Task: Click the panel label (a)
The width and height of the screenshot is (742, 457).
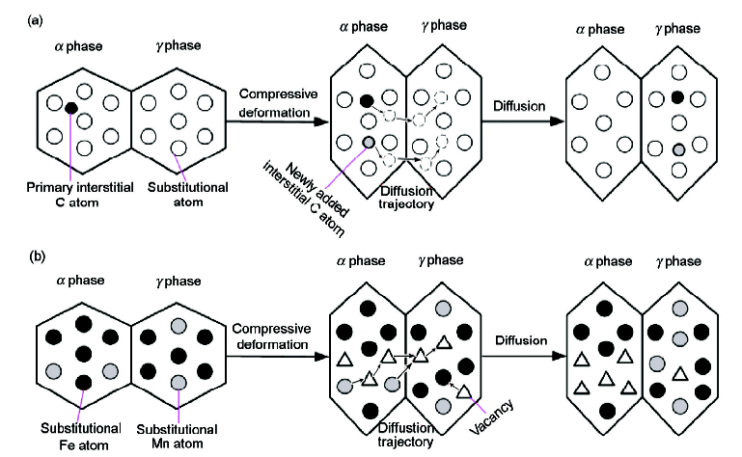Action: (x=36, y=21)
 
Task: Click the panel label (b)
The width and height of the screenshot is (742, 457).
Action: (x=37, y=256)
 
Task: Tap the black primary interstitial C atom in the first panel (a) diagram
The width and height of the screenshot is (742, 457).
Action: (x=71, y=108)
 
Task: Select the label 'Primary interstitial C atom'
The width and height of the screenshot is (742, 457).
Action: (x=80, y=195)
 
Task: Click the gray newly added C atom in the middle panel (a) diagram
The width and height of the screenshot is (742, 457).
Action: (x=369, y=142)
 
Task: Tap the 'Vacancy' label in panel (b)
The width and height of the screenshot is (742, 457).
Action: (x=491, y=417)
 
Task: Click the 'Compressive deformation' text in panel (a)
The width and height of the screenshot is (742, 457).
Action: (x=278, y=103)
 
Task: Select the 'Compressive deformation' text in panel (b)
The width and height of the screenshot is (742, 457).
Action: (x=272, y=336)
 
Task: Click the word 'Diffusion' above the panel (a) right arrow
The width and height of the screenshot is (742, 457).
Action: (x=519, y=106)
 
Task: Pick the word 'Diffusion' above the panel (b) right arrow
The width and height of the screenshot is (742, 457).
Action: (x=521, y=340)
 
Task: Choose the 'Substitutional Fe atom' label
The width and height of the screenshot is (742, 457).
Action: (x=81, y=436)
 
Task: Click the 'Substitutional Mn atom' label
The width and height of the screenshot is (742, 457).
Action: (x=177, y=436)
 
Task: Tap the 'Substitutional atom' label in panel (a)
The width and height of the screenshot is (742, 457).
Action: (x=188, y=195)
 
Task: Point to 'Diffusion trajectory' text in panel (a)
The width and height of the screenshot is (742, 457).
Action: (x=406, y=198)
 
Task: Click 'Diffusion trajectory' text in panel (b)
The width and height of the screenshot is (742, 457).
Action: (x=405, y=435)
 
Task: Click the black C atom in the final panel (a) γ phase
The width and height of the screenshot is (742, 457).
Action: (x=677, y=97)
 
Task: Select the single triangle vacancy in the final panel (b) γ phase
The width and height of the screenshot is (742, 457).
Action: (x=680, y=374)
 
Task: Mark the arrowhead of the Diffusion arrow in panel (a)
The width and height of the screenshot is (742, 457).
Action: (x=559, y=121)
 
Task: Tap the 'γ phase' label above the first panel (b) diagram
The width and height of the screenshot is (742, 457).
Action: (x=179, y=281)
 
